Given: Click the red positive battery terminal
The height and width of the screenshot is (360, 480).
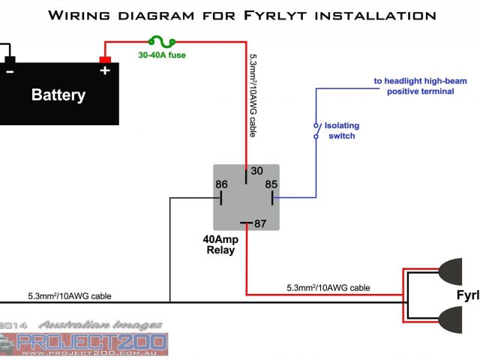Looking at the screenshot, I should click(x=105, y=59).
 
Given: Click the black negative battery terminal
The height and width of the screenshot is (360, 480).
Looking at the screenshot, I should click(x=9, y=59).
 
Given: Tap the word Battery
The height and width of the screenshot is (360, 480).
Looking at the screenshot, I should click(x=58, y=95).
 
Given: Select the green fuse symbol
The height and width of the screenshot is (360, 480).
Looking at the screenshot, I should click(x=163, y=43).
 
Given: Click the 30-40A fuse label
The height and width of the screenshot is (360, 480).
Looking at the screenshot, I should click(x=161, y=55).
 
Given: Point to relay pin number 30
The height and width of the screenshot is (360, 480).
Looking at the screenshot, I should click(x=256, y=171).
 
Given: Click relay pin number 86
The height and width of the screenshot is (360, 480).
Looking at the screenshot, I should click(x=222, y=184).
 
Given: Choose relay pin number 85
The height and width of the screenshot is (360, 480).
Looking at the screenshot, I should click(x=270, y=184).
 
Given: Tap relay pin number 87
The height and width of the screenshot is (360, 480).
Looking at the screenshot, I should click(x=261, y=223).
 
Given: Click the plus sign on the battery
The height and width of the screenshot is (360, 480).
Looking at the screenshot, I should click(x=105, y=70).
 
